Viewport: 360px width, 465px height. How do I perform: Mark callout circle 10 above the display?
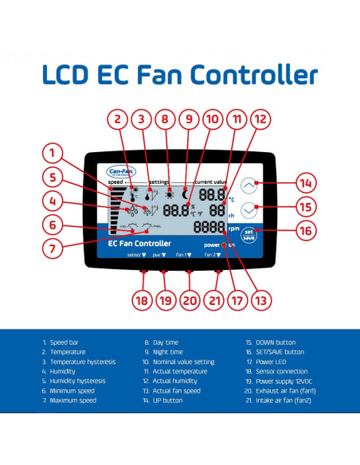pos(211,120)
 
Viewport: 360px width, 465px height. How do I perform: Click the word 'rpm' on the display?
pos(233,228)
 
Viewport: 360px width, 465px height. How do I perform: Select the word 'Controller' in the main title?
pos(253,75)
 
